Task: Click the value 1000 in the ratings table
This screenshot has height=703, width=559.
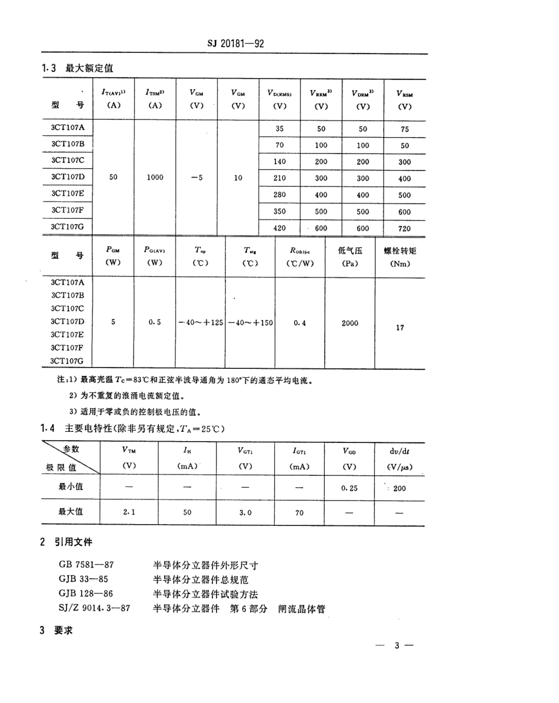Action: pos(155,177)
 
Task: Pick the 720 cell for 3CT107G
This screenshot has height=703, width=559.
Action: pos(404,228)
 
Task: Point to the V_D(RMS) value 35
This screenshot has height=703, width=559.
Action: pos(280,128)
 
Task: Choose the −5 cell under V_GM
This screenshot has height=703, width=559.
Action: pos(197,177)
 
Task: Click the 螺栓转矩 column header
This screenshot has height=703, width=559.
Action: pos(400,251)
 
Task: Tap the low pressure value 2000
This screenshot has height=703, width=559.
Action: pos(350,323)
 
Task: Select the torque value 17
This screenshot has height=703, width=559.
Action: pos(400,328)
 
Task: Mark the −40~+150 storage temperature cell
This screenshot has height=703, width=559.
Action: pos(251,323)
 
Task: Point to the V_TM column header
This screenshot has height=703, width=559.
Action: pos(129,451)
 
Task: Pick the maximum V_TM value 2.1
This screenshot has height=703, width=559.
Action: pos(129,512)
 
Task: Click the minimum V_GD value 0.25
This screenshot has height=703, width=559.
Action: pos(349,488)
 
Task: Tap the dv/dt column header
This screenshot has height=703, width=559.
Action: pos(399,451)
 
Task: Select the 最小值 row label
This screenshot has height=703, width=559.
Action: pos(70,487)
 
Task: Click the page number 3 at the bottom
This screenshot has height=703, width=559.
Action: pos(397,646)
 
